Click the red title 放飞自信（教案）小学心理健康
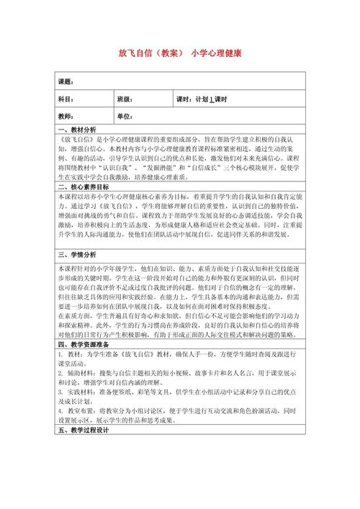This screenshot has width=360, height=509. [180, 54]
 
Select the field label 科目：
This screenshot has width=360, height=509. [66, 99]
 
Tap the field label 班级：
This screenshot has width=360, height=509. [125, 99]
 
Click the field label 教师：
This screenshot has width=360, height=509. [66, 117]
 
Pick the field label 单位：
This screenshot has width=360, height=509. [125, 117]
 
